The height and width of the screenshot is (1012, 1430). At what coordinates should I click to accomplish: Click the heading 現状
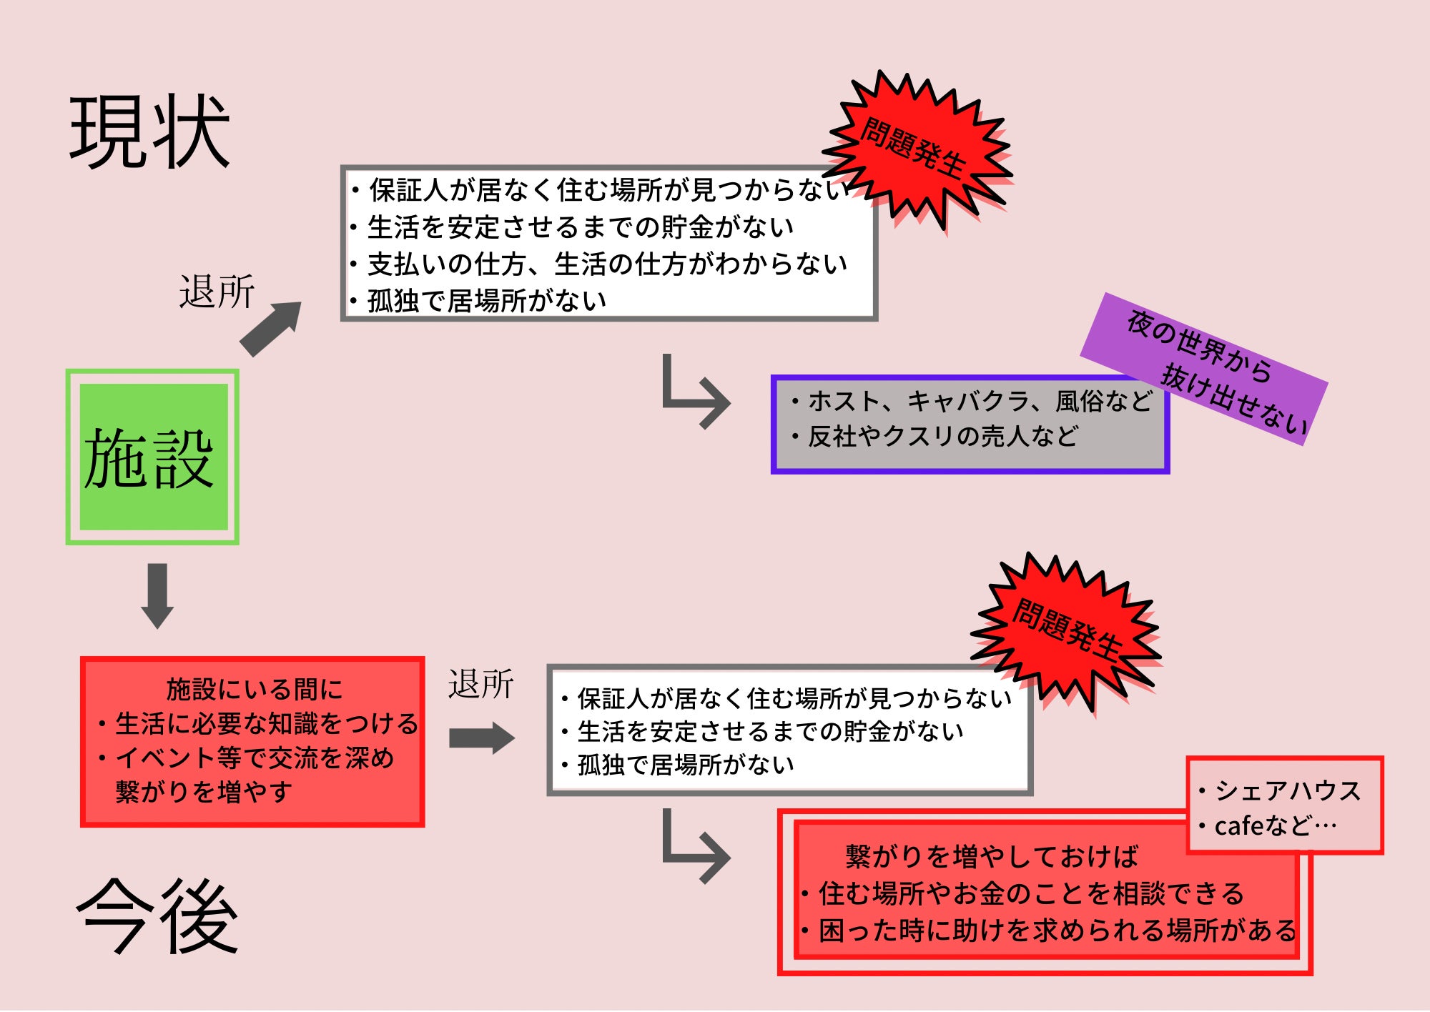tap(150, 132)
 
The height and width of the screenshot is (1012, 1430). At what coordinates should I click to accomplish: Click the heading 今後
tap(157, 917)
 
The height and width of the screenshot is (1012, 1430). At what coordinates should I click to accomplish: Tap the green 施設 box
tap(152, 457)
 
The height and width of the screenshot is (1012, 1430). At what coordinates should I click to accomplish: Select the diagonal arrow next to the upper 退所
tap(270, 329)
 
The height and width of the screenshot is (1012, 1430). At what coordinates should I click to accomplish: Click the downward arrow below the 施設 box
tap(157, 595)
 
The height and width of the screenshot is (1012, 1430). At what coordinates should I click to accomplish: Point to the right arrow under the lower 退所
tap(481, 738)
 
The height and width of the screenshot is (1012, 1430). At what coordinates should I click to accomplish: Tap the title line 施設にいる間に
tap(254, 690)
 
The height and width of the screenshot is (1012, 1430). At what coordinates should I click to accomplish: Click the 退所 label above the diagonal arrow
tap(217, 292)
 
